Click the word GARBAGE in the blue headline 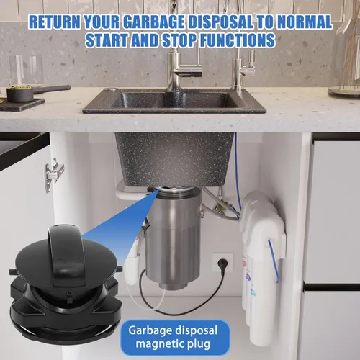pos(154,22)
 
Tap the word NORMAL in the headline pos(305,22)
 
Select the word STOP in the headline pos(179,40)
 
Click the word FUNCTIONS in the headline pos(238,40)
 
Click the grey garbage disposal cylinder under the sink pos(174,236)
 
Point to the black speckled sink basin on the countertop pos(174,101)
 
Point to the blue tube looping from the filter pos(274,261)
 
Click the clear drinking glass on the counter pos(26,70)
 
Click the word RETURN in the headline pos(55,22)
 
